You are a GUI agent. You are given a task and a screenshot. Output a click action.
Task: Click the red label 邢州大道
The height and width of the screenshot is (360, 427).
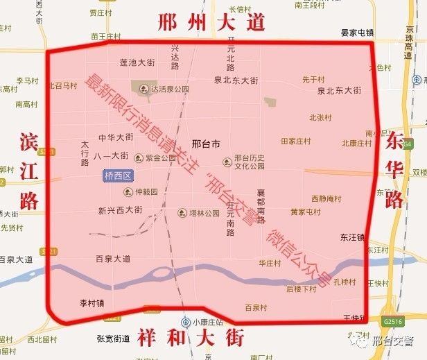[211, 22]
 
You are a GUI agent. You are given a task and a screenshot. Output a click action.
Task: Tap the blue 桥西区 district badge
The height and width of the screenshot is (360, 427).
[116, 176]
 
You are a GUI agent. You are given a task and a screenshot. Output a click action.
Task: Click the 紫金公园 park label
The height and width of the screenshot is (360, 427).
[158, 158]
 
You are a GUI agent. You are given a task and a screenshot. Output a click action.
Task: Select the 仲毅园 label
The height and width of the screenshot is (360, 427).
[142, 191]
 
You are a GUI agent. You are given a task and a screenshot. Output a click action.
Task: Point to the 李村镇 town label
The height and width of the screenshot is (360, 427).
[91, 302]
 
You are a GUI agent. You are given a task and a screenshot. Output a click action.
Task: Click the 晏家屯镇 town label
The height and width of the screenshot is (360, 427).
[357, 33]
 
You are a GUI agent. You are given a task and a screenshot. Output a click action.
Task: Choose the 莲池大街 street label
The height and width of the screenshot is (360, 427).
[136, 62]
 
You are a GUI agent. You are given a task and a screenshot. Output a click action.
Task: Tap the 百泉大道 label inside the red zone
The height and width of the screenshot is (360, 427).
[113, 259]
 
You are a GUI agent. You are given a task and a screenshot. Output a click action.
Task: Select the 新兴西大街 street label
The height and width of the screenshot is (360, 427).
[120, 209]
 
